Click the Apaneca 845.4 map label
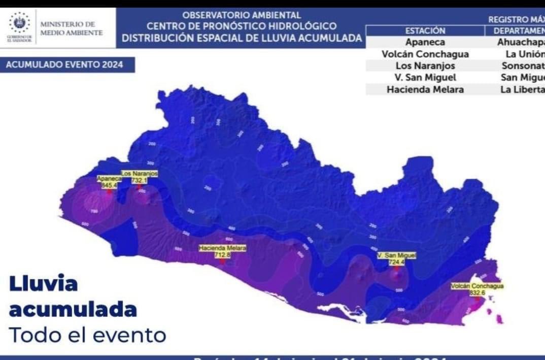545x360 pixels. tap(109, 182)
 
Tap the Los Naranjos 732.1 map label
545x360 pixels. tap(139, 177)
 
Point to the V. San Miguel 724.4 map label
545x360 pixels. tap(396, 259)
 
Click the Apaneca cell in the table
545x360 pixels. tap(425, 42)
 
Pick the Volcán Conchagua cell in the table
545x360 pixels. tap(425, 54)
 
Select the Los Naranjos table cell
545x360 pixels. tap(425, 66)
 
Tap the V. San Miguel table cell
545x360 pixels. tap(425, 78)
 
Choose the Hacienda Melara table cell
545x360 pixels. tap(425, 89)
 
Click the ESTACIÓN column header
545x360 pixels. tap(425, 31)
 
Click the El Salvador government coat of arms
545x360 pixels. tap(20, 23)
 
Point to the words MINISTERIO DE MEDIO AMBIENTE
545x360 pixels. tap(71, 28)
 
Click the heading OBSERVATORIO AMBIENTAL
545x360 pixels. tap(241, 15)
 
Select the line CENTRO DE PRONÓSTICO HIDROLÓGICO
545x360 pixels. tap(241, 26)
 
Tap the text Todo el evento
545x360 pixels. tap(87, 335)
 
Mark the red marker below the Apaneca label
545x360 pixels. tap(109, 192)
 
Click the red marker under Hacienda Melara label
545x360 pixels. tap(222, 261)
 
